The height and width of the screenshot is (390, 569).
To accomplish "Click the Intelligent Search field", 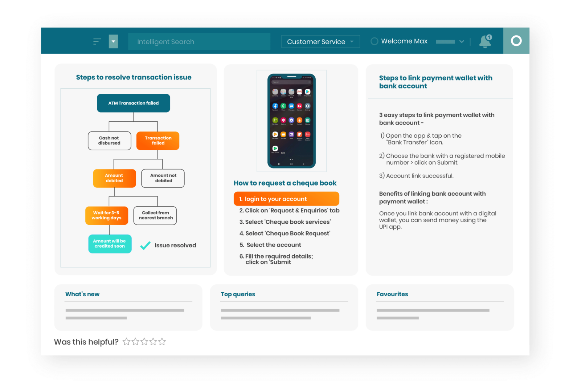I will (x=199, y=42).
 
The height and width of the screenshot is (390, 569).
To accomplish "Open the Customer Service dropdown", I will (x=320, y=42).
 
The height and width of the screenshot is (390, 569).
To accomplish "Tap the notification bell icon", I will (x=485, y=41).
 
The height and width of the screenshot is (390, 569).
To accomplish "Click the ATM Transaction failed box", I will (x=134, y=103).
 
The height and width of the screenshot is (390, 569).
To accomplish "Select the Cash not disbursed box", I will (x=109, y=141).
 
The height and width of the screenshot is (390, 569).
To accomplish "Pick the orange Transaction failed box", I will (x=158, y=141).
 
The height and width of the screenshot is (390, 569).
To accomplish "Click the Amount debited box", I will (x=114, y=178).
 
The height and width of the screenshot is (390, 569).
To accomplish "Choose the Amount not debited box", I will (x=163, y=178).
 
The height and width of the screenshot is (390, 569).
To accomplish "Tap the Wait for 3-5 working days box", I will (x=107, y=216).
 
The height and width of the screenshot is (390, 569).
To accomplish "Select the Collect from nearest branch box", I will (x=155, y=216).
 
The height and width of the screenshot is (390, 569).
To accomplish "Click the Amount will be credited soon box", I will (x=110, y=244).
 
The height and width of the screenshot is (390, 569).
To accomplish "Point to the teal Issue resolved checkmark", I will (x=145, y=246).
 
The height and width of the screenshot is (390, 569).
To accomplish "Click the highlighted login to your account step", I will (x=286, y=199).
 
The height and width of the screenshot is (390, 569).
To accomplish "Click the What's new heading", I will (x=82, y=294).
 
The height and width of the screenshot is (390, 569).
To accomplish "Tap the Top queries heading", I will (x=238, y=294).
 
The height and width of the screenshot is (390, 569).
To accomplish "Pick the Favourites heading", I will (x=392, y=294).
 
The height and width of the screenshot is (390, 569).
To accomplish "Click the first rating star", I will (x=126, y=342).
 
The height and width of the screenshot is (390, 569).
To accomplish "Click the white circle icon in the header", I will (x=516, y=41).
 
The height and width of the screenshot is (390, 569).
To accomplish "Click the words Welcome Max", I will (x=404, y=41).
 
